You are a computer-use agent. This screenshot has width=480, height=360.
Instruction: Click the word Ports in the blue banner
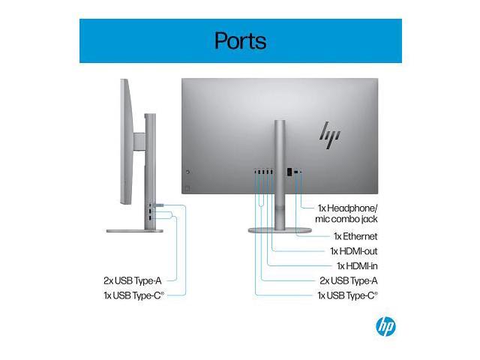click(240, 40)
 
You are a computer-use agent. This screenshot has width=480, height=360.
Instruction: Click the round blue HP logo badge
click(385, 326)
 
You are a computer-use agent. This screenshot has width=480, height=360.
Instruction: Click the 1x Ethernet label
click(347, 235)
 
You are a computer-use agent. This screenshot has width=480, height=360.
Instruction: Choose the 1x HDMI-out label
click(353, 250)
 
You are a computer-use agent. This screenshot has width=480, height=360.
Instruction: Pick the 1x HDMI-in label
click(356, 265)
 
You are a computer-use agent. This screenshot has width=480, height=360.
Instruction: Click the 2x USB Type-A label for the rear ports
click(348, 280)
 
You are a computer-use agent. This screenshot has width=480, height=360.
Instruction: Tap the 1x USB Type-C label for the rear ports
click(346, 295)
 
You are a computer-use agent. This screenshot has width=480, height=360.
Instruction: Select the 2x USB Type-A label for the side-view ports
click(132, 280)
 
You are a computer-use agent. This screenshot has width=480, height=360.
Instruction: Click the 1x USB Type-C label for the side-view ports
click(132, 295)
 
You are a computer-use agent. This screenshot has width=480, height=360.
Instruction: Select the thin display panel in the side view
click(124, 142)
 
